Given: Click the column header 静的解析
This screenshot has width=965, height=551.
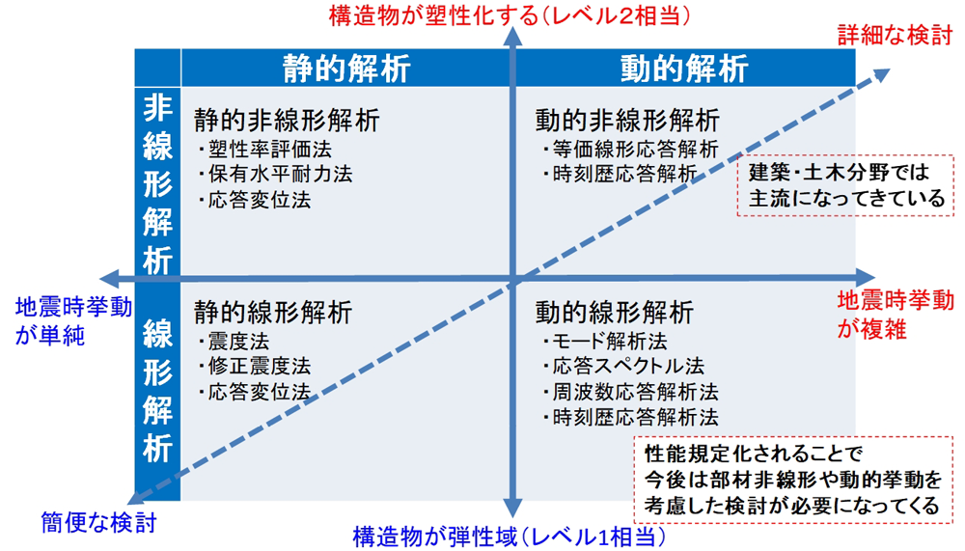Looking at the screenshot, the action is click(x=346, y=69).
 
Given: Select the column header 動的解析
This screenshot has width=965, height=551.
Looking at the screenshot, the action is click(x=684, y=69).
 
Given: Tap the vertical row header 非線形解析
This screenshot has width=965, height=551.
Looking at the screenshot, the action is click(x=157, y=183).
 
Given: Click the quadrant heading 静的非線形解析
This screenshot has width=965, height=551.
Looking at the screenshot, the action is click(x=287, y=120).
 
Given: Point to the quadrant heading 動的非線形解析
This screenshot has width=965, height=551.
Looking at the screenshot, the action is click(x=627, y=120).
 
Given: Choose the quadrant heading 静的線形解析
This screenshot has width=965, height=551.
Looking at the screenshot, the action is click(x=273, y=312).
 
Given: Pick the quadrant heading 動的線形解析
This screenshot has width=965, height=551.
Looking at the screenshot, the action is click(x=614, y=312).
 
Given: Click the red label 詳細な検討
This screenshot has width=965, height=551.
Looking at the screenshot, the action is click(x=895, y=36).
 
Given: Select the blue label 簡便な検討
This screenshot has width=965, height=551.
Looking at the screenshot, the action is click(x=98, y=523).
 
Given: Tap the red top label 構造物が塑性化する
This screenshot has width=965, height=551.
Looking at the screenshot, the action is click(x=433, y=15).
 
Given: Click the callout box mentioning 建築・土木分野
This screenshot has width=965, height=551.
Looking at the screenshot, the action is click(x=845, y=185).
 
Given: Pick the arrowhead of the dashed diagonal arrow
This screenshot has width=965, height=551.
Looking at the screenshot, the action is click(x=882, y=74).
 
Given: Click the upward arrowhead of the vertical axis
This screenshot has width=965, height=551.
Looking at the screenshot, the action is click(x=512, y=37).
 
